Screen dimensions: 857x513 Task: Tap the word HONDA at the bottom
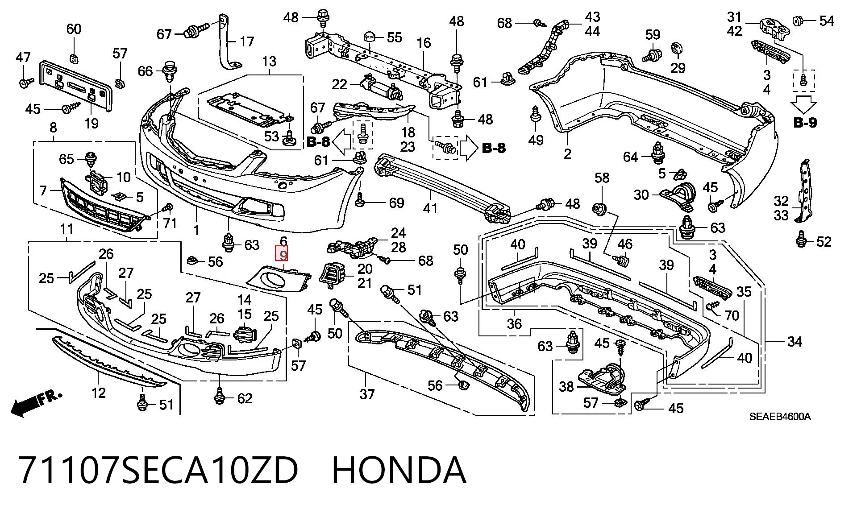(399, 470)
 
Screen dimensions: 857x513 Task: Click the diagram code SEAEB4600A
(780, 417)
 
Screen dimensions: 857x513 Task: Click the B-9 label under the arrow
(805, 122)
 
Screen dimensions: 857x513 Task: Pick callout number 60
(74, 29)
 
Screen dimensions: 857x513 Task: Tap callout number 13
(270, 61)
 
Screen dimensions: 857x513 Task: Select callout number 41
(430, 208)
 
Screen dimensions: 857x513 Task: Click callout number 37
(367, 394)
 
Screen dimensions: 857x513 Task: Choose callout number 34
(795, 342)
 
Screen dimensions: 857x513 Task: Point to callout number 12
(99, 393)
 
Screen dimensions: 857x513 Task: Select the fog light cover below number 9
(278, 279)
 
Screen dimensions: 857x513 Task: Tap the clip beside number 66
(169, 72)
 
